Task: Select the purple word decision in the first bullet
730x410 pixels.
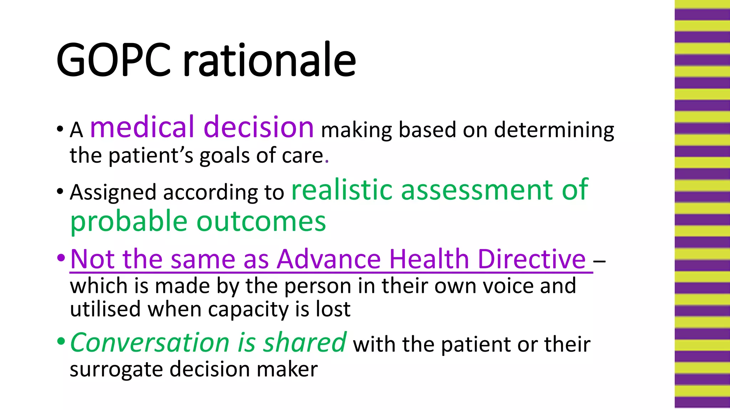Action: click(x=259, y=127)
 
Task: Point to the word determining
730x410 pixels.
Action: click(x=554, y=130)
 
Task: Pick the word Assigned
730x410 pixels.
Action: click(x=113, y=193)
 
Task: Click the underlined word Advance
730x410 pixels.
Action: click(x=329, y=259)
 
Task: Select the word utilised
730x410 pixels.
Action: click(x=105, y=309)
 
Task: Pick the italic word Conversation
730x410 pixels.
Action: click(x=150, y=342)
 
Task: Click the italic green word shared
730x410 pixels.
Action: click(x=304, y=342)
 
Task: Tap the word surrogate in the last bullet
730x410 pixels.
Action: click(x=116, y=369)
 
